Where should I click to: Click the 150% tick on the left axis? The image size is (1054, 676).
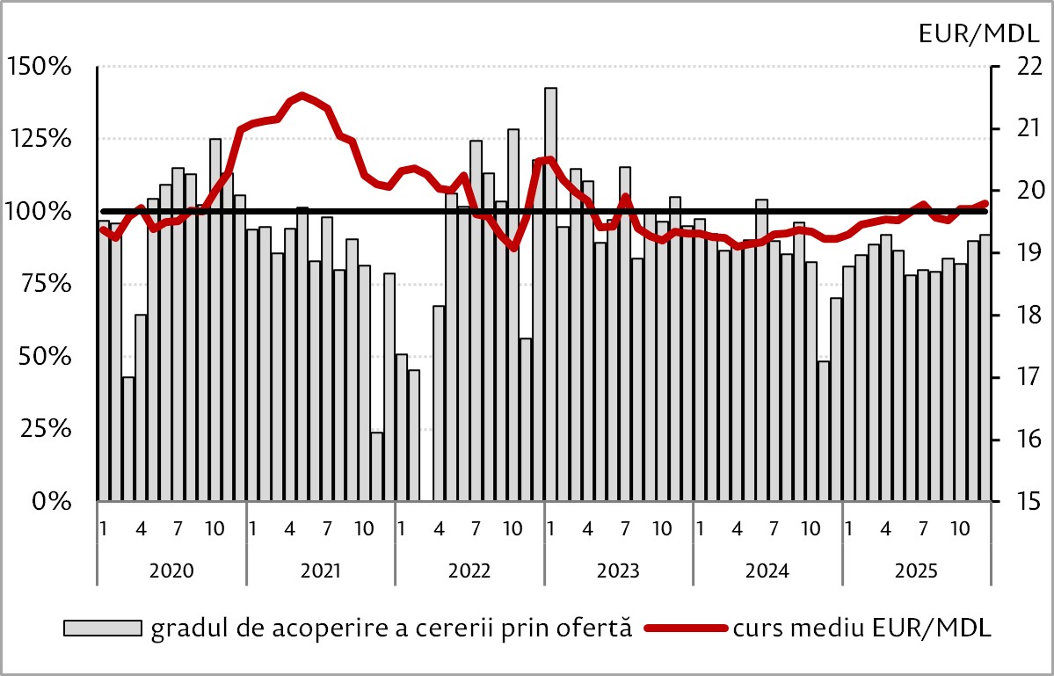[x=40, y=67]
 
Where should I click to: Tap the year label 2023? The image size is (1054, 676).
[x=619, y=570]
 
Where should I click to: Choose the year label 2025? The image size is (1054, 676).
[x=917, y=570]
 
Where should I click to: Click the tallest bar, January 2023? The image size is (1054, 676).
[x=550, y=294]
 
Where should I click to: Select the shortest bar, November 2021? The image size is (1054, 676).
[x=376, y=467]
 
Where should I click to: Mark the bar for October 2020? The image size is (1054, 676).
[x=215, y=320]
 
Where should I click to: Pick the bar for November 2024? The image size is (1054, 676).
[x=824, y=431]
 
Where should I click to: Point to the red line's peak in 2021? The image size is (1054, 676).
[x=302, y=95]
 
